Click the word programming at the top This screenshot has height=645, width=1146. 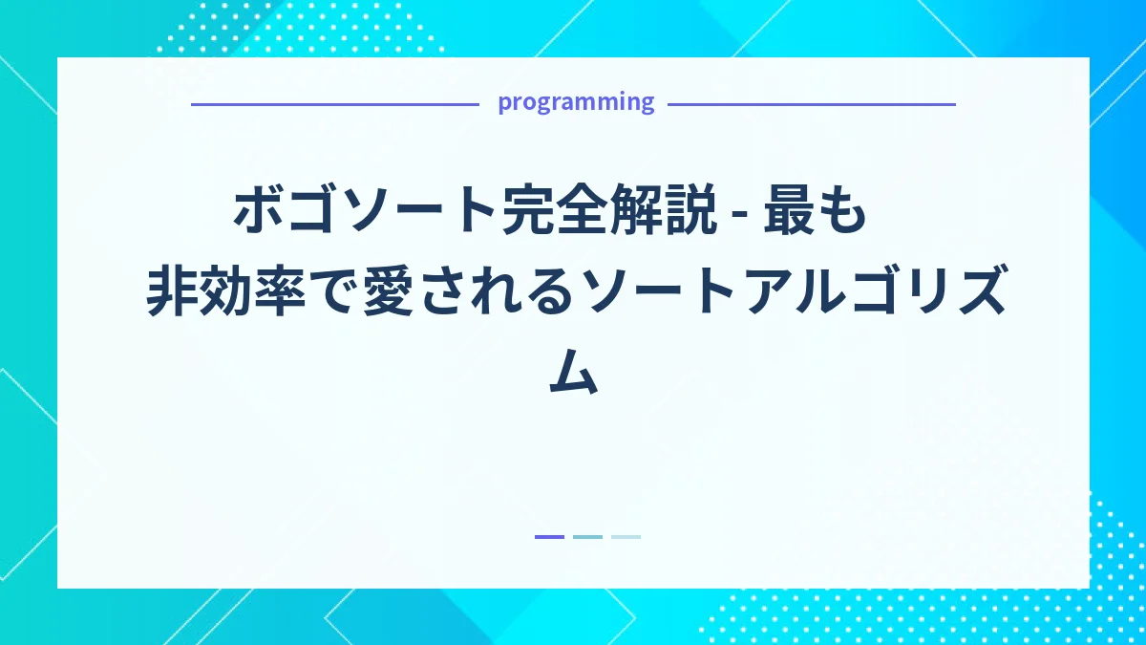pyautogui.click(x=576, y=102)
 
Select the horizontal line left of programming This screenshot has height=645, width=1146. pyautogui.click(x=334, y=104)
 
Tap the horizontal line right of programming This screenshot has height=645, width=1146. pyautogui.click(x=811, y=104)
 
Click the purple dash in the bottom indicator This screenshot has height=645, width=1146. pyautogui.click(x=549, y=537)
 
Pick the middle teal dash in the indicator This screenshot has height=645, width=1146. pyautogui.click(x=587, y=537)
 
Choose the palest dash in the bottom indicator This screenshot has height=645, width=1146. pyautogui.click(x=626, y=537)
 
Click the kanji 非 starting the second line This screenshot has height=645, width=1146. pyautogui.click(x=170, y=293)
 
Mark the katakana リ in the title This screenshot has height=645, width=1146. pyautogui.click(x=923, y=293)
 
